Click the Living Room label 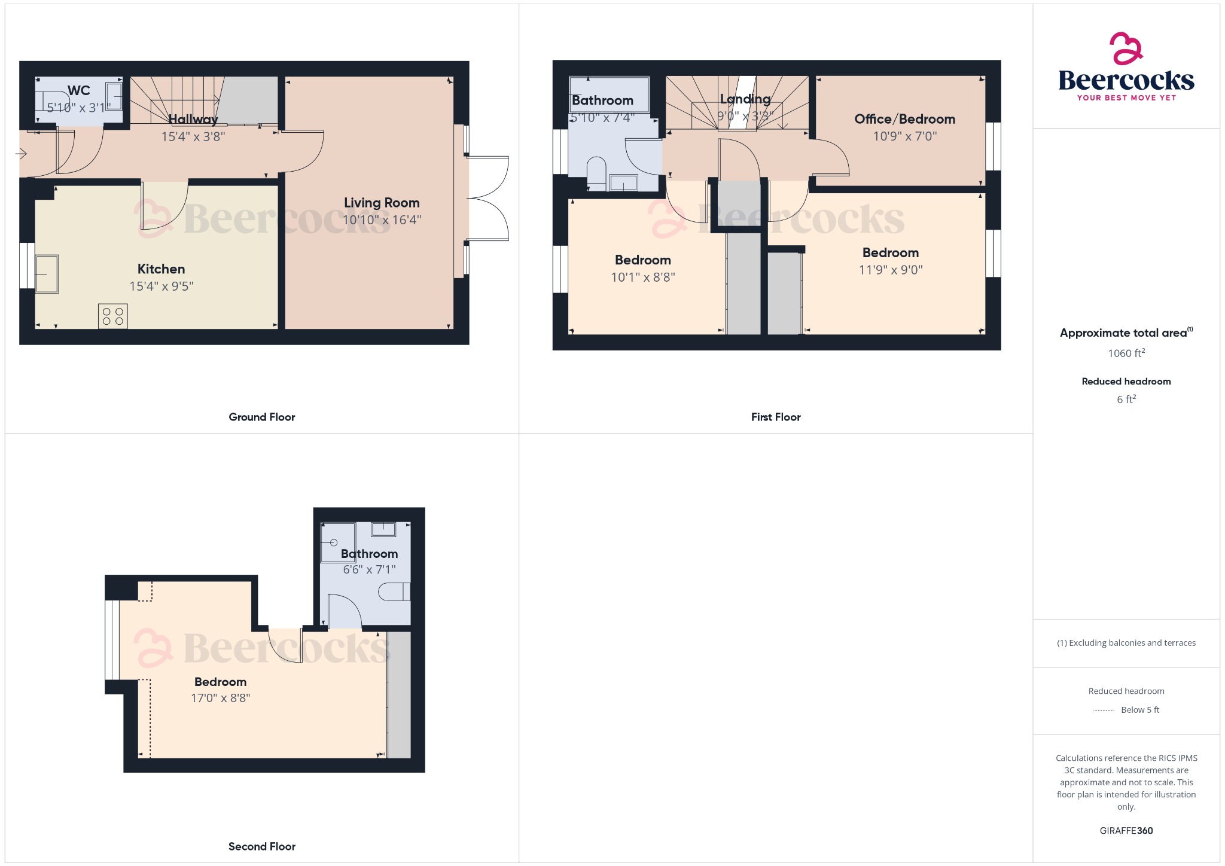pyautogui.click(x=382, y=203)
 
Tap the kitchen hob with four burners pyautogui.click(x=113, y=316)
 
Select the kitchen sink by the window pyautogui.click(x=47, y=274)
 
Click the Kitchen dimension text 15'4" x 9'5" pyautogui.click(x=161, y=286)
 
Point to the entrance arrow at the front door pyautogui.click(x=21, y=154)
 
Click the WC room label pyautogui.click(x=79, y=91)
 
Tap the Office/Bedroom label pyautogui.click(x=904, y=119)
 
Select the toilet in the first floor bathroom pyautogui.click(x=596, y=171)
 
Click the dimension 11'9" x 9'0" pyautogui.click(x=891, y=270)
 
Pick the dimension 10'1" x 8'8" pyautogui.click(x=643, y=278)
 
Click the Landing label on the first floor pyautogui.click(x=745, y=99)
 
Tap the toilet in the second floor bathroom pyautogui.click(x=395, y=591)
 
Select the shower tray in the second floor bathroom pyautogui.click(x=338, y=543)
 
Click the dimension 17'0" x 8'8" pyautogui.click(x=220, y=698)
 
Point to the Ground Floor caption pyautogui.click(x=261, y=417)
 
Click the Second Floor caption pyautogui.click(x=261, y=846)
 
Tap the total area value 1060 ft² pyautogui.click(x=1126, y=353)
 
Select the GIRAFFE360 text pyautogui.click(x=1126, y=831)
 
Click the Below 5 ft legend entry pyautogui.click(x=1139, y=710)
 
